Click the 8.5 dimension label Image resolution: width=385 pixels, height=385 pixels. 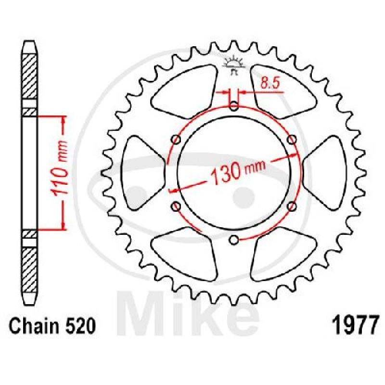pyautogui.click(x=270, y=83)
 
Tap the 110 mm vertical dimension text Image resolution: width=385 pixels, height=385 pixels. pyautogui.click(x=60, y=167)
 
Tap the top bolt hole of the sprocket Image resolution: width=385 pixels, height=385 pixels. pyautogui.click(x=234, y=106)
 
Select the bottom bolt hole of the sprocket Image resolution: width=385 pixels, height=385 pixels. pyautogui.click(x=234, y=240)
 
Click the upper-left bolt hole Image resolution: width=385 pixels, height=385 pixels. pyautogui.click(x=176, y=140)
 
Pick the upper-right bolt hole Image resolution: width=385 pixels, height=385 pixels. pyautogui.click(x=292, y=140)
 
